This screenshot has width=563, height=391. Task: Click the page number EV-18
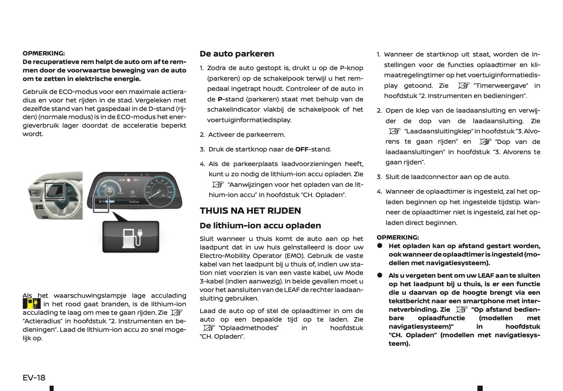click(34, 378)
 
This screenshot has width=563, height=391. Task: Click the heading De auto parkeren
click(237, 54)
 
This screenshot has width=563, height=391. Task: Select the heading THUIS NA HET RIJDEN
click(250, 211)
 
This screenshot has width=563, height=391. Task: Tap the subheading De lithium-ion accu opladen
click(260, 226)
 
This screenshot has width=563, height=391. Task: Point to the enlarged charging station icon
click(131, 237)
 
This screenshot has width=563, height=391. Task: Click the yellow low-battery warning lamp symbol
click(31, 304)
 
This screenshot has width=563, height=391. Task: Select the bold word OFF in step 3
click(302, 149)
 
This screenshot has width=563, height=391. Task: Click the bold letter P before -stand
click(220, 99)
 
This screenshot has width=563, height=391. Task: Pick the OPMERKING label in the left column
click(44, 53)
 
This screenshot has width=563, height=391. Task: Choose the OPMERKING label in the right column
click(397, 238)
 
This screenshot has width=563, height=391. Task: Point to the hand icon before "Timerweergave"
click(464, 85)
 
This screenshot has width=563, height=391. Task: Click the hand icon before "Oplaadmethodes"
click(208, 328)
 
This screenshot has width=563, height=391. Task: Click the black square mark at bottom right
click(480, 388)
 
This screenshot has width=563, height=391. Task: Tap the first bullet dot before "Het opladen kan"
click(380, 246)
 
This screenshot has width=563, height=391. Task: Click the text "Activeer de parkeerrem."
click(247, 135)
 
